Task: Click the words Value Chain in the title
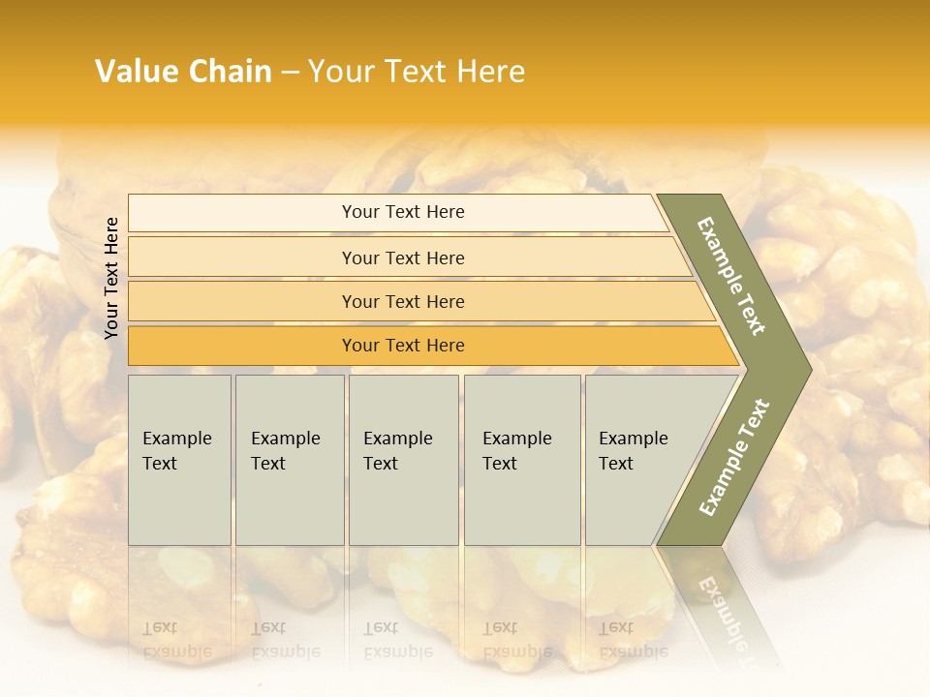(x=183, y=72)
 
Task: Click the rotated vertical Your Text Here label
(x=111, y=279)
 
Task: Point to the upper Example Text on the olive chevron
(x=731, y=276)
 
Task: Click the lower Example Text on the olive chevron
(x=734, y=457)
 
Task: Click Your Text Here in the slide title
(x=417, y=72)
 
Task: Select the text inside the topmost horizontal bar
(x=403, y=212)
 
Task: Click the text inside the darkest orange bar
(x=403, y=346)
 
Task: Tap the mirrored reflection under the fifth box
(x=633, y=639)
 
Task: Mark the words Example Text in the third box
(x=397, y=451)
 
